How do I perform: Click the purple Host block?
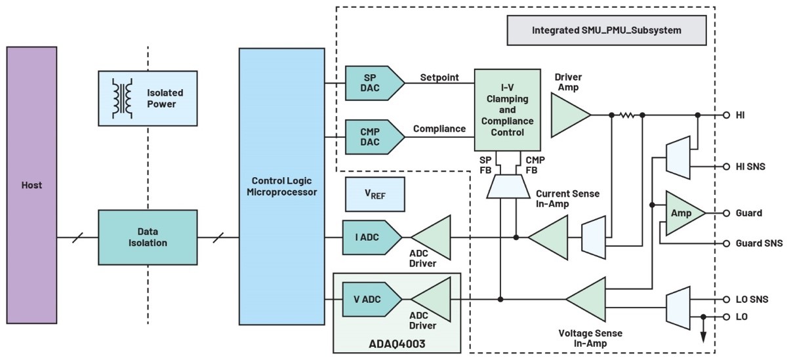pyautogui.click(x=31, y=185)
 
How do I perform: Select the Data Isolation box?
pyautogui.click(x=148, y=237)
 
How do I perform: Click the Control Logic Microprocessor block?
pyautogui.click(x=281, y=186)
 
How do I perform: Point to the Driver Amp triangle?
pyautogui.click(x=568, y=115)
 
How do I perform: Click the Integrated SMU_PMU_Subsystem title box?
pyautogui.click(x=605, y=30)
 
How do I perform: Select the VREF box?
pyautogui.click(x=375, y=195)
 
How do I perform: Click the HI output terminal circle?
pyautogui.click(x=726, y=115)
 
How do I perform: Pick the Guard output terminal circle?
pyautogui.click(x=726, y=213)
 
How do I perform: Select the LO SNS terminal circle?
pyautogui.click(x=726, y=299)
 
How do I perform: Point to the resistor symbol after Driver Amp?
pyautogui.click(x=628, y=115)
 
